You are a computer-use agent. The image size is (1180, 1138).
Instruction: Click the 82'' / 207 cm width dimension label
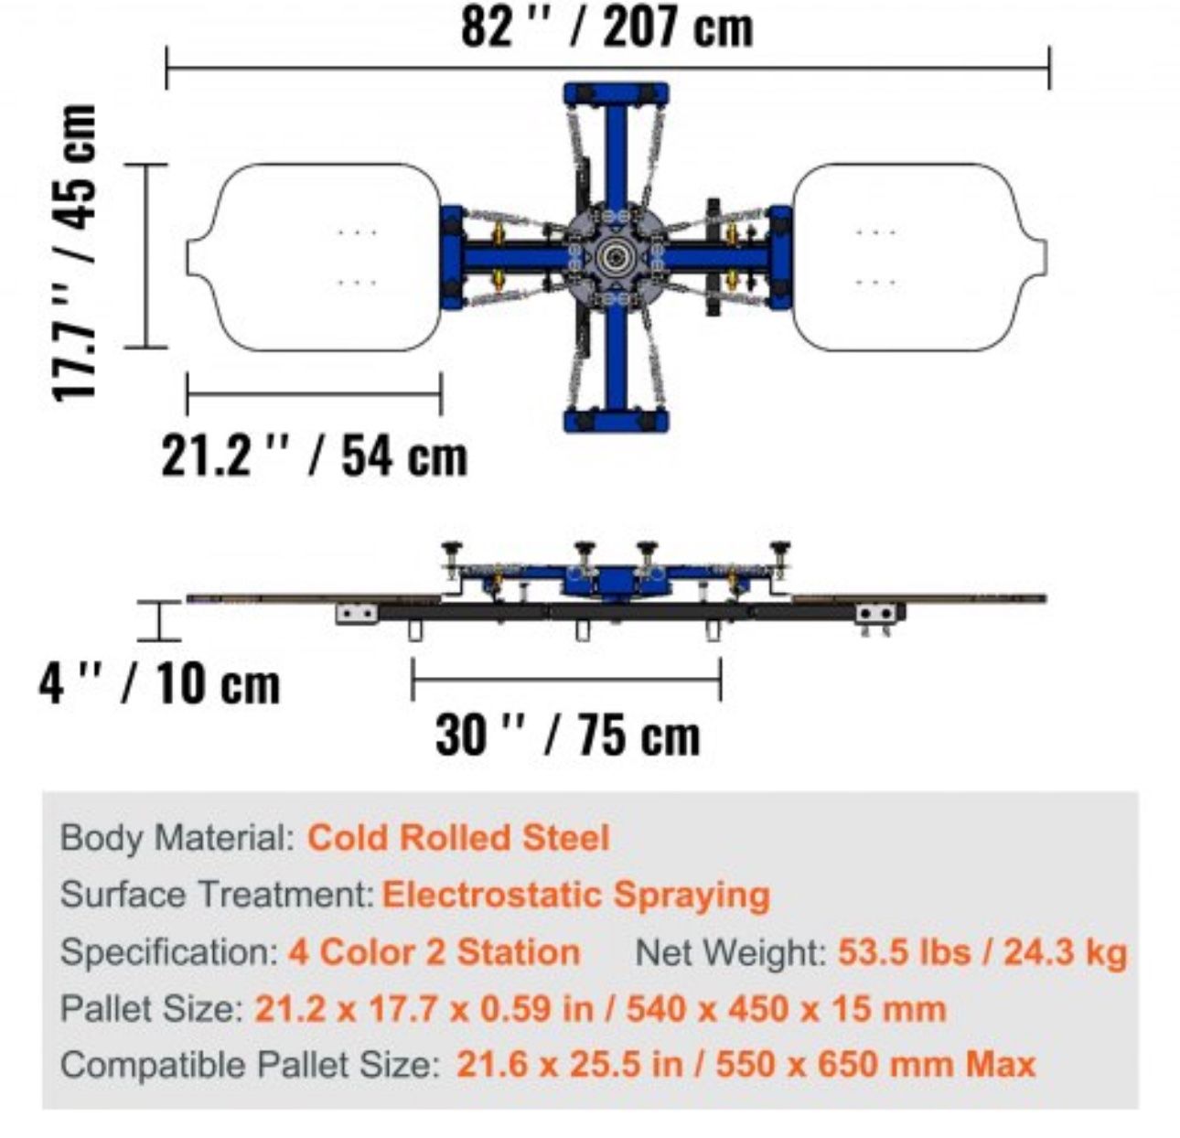[606, 27]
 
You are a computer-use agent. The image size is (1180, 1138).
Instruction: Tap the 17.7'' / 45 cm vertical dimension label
[75, 252]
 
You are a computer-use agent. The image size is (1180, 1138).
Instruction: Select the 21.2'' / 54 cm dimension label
[315, 457]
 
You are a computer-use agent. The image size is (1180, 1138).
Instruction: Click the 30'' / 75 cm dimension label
[567, 735]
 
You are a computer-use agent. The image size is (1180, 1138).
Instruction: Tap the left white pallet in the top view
[315, 257]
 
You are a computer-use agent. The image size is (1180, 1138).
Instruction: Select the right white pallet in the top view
[919, 257]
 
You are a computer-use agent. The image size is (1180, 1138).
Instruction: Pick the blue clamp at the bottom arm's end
[617, 421]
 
